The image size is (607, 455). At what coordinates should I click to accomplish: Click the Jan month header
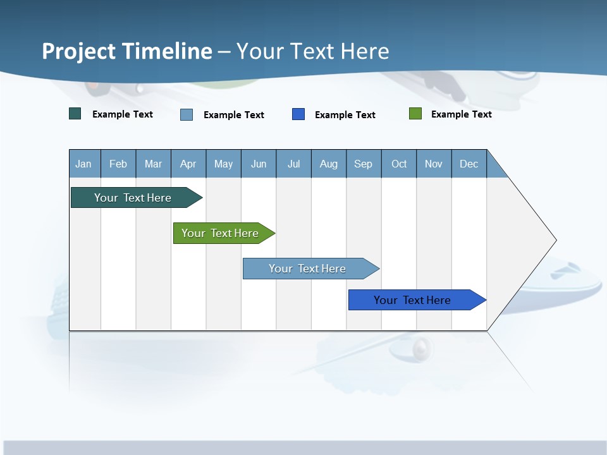[x=84, y=164]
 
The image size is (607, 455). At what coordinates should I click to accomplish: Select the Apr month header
[x=188, y=164]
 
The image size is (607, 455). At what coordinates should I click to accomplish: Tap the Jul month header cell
[x=294, y=164]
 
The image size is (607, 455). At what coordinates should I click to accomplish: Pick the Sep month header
[x=364, y=164]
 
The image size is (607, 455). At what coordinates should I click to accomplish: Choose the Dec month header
[x=469, y=164]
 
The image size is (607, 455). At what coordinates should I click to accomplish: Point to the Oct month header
[x=399, y=164]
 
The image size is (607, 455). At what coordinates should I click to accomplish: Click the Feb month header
[x=118, y=164]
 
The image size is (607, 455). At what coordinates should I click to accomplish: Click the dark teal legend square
[x=75, y=114]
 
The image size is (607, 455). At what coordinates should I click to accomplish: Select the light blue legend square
[x=187, y=114]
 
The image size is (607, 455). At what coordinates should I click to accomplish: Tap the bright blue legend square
[x=298, y=114]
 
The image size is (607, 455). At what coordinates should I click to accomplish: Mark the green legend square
[x=415, y=114]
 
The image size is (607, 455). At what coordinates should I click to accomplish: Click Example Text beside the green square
[x=461, y=114]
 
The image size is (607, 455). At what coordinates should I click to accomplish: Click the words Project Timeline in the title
[x=127, y=51]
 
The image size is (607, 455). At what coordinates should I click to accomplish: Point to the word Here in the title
[x=365, y=51]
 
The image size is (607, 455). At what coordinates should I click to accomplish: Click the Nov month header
[x=434, y=164]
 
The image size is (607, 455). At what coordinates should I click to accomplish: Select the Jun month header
[x=259, y=164]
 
